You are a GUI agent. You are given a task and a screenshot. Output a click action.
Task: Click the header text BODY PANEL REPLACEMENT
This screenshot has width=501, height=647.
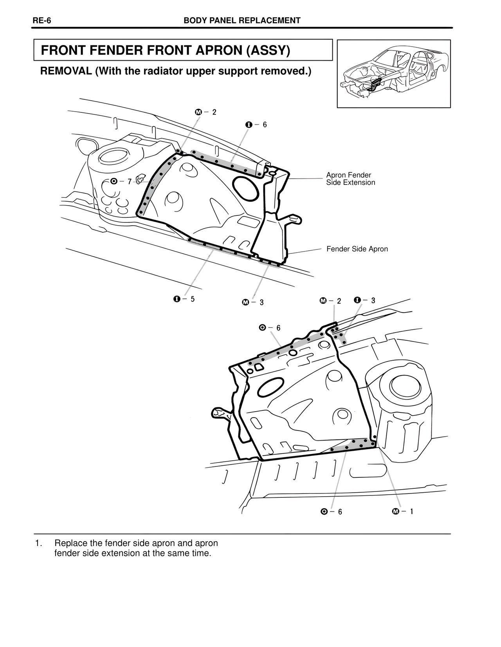click(x=242, y=21)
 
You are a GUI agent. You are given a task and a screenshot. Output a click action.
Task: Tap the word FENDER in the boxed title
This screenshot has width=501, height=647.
click(x=118, y=51)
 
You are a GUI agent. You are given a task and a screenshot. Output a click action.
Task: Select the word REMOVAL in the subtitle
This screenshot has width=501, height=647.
click(x=66, y=72)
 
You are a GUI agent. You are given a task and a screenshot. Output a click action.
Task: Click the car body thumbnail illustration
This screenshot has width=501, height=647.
click(x=393, y=74)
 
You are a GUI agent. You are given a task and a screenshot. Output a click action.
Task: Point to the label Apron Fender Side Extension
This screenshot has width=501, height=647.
click(x=350, y=179)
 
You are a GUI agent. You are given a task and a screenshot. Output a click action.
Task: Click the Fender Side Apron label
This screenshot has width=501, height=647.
click(x=357, y=249)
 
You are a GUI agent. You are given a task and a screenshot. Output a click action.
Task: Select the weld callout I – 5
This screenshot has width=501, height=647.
click(x=184, y=299)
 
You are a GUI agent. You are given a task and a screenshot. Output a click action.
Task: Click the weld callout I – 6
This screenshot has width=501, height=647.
click(x=256, y=125)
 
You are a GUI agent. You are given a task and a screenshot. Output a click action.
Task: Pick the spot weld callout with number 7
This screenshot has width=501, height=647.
click(x=121, y=181)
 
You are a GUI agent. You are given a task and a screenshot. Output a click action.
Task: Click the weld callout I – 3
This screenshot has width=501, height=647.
click(x=364, y=300)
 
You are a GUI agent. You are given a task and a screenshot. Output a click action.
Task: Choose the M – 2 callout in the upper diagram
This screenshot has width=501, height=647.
click(x=205, y=112)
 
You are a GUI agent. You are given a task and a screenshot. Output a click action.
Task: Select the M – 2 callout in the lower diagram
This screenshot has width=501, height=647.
click(x=330, y=301)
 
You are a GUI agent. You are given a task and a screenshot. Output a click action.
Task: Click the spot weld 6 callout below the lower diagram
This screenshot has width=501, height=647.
click(x=331, y=512)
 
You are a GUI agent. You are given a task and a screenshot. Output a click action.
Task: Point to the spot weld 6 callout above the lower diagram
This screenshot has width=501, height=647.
click(x=270, y=328)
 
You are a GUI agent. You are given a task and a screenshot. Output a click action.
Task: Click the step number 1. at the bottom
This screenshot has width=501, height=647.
click(x=38, y=543)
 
